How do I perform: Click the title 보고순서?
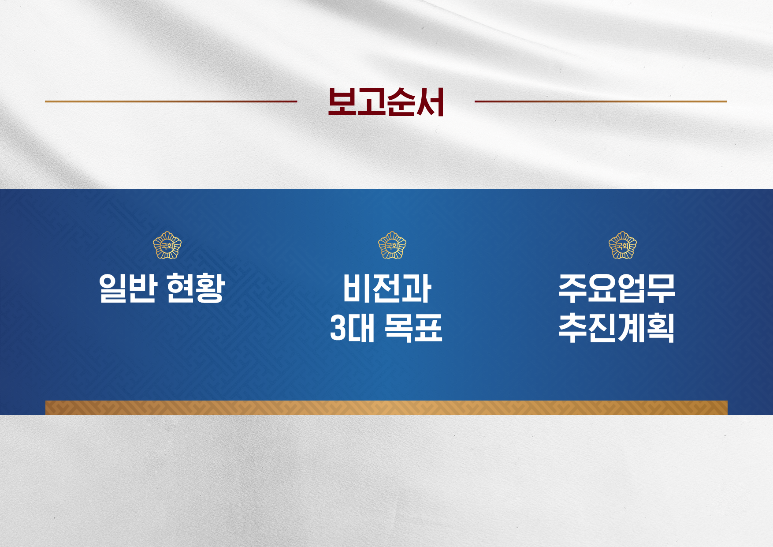tap(386, 102)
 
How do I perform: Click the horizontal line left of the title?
tap(171, 101)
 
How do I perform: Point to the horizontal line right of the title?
tap(601, 101)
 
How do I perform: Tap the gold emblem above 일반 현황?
tap(167, 245)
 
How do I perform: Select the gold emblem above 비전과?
tap(392, 245)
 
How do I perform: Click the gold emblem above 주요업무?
tap(622, 245)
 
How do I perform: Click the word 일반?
tap(128, 288)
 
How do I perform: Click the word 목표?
tap(413, 328)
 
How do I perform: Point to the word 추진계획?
tap(617, 328)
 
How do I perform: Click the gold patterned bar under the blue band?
tap(386, 408)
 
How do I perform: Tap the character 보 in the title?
tap(342, 102)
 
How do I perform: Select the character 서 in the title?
tap(430, 102)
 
